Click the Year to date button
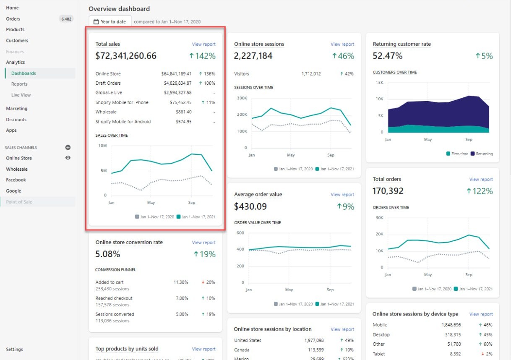click(110, 21)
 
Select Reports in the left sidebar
click(19, 84)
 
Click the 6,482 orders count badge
click(66, 19)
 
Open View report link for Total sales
click(203, 44)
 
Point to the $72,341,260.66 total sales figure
click(126, 56)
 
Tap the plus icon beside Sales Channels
click(68, 148)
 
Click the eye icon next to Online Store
click(68, 158)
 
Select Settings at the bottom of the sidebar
click(15, 349)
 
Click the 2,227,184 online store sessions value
click(253, 56)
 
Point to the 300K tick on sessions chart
click(242, 98)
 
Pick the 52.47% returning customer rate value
click(388, 56)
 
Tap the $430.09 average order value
click(250, 206)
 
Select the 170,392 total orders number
click(388, 191)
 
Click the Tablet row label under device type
click(379, 354)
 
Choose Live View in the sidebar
click(21, 95)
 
